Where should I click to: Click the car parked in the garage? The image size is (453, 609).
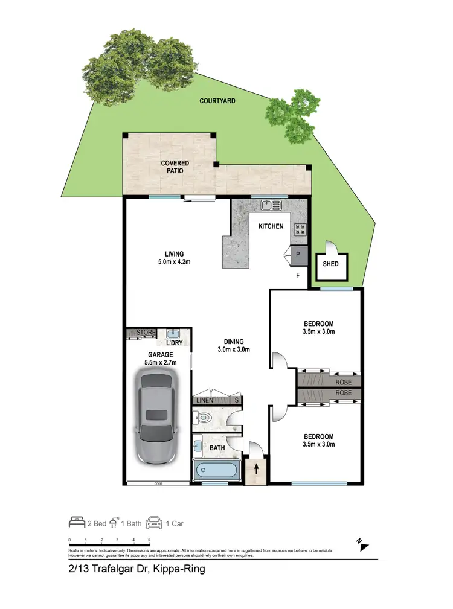tap(156, 417)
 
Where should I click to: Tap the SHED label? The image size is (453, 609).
tap(331, 264)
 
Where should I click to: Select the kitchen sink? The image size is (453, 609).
tap(271, 206)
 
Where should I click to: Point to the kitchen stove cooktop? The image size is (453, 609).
tap(300, 229)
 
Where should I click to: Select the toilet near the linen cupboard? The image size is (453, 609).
tap(205, 416)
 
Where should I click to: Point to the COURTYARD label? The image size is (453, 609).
tap(217, 101)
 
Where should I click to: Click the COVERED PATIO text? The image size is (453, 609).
tap(175, 167)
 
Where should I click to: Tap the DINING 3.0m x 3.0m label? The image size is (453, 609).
tap(233, 345)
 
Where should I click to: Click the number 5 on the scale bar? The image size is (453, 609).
tap(149, 540)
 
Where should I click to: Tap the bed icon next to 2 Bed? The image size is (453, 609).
tap(77, 523)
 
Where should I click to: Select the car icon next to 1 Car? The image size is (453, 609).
tap(155, 523)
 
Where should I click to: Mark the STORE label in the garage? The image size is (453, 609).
tap(146, 333)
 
